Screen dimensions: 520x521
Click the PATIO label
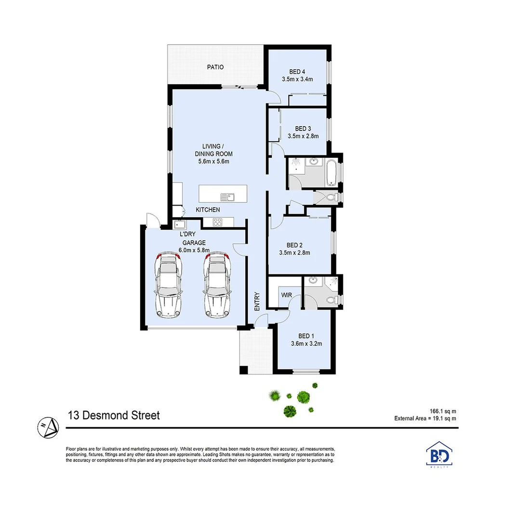[x=215, y=67]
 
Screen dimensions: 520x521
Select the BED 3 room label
[x=303, y=129]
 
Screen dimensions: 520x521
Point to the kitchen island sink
[x=227, y=196]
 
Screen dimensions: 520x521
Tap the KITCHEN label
[x=208, y=210]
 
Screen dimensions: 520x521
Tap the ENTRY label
[x=257, y=300]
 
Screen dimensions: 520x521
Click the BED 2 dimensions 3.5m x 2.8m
[x=294, y=252]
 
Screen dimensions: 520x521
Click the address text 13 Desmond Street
[x=114, y=415]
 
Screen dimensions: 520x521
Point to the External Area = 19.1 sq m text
[x=425, y=418]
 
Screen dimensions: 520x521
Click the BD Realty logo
[x=440, y=455]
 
